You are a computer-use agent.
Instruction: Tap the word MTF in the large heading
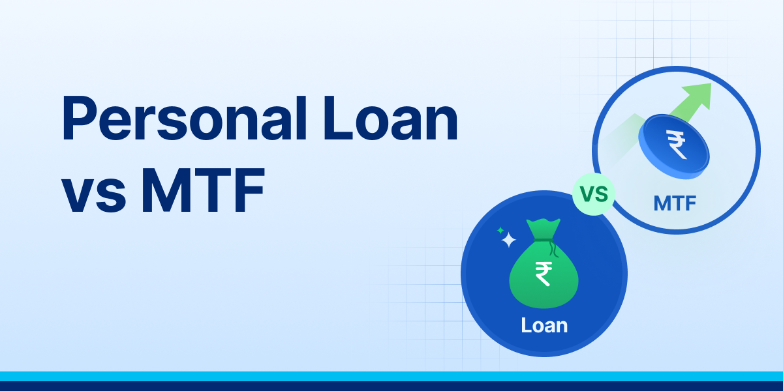coord(202,192)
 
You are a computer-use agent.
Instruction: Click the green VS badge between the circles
coord(593,194)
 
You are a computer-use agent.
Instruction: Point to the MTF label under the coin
coord(675,204)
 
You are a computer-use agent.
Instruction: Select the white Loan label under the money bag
coord(544,325)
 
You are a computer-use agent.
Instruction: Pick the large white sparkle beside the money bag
coord(508,241)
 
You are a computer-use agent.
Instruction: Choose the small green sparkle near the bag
coord(500,230)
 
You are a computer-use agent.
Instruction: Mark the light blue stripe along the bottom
coord(391,376)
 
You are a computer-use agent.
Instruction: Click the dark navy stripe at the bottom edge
coord(391,386)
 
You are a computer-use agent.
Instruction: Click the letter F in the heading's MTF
coord(249,192)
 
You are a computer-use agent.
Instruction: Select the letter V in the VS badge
coord(587,194)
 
